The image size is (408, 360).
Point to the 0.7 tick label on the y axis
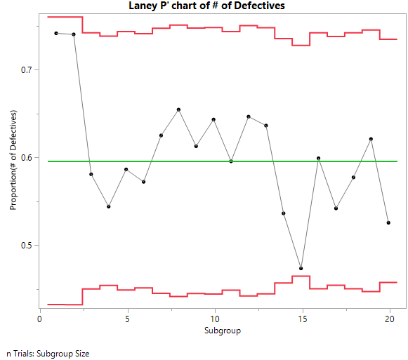[x=25, y=70]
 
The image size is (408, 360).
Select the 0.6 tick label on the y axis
[x=25, y=158]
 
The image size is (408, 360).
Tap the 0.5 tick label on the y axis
[x=25, y=246]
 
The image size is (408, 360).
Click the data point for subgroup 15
[x=301, y=268]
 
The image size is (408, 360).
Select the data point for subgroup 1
[x=56, y=33]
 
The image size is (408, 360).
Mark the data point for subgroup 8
[x=178, y=109]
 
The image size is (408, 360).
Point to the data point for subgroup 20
[x=388, y=222]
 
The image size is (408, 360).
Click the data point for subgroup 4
[x=109, y=206]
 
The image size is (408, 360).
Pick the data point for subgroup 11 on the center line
[x=231, y=161]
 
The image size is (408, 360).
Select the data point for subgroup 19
[x=371, y=139]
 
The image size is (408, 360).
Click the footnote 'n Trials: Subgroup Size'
[x=48, y=354]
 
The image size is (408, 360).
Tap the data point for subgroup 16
[x=318, y=158]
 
